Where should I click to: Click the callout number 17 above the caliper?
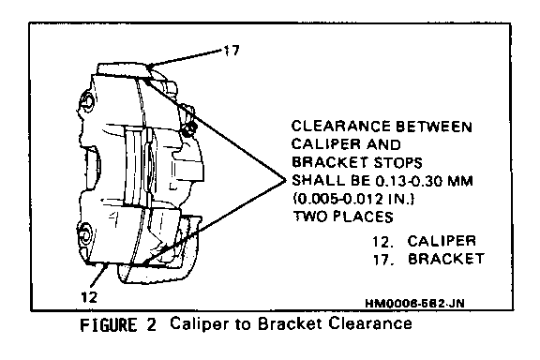click(x=232, y=51)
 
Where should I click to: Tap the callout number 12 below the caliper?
click(x=89, y=297)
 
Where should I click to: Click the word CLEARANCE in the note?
click(x=341, y=126)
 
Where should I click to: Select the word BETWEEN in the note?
click(x=434, y=127)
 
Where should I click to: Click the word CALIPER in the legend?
click(x=442, y=241)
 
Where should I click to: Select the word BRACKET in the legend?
click(x=446, y=259)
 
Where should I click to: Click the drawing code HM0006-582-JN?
click(x=414, y=303)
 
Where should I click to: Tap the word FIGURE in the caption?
click(x=108, y=325)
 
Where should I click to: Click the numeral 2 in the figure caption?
click(x=152, y=325)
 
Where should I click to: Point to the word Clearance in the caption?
click(x=370, y=323)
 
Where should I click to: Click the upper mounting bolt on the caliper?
click(x=86, y=102)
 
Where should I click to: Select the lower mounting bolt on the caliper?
click(x=84, y=234)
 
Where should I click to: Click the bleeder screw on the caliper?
click(x=189, y=128)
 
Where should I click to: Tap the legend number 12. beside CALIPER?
click(x=382, y=242)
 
